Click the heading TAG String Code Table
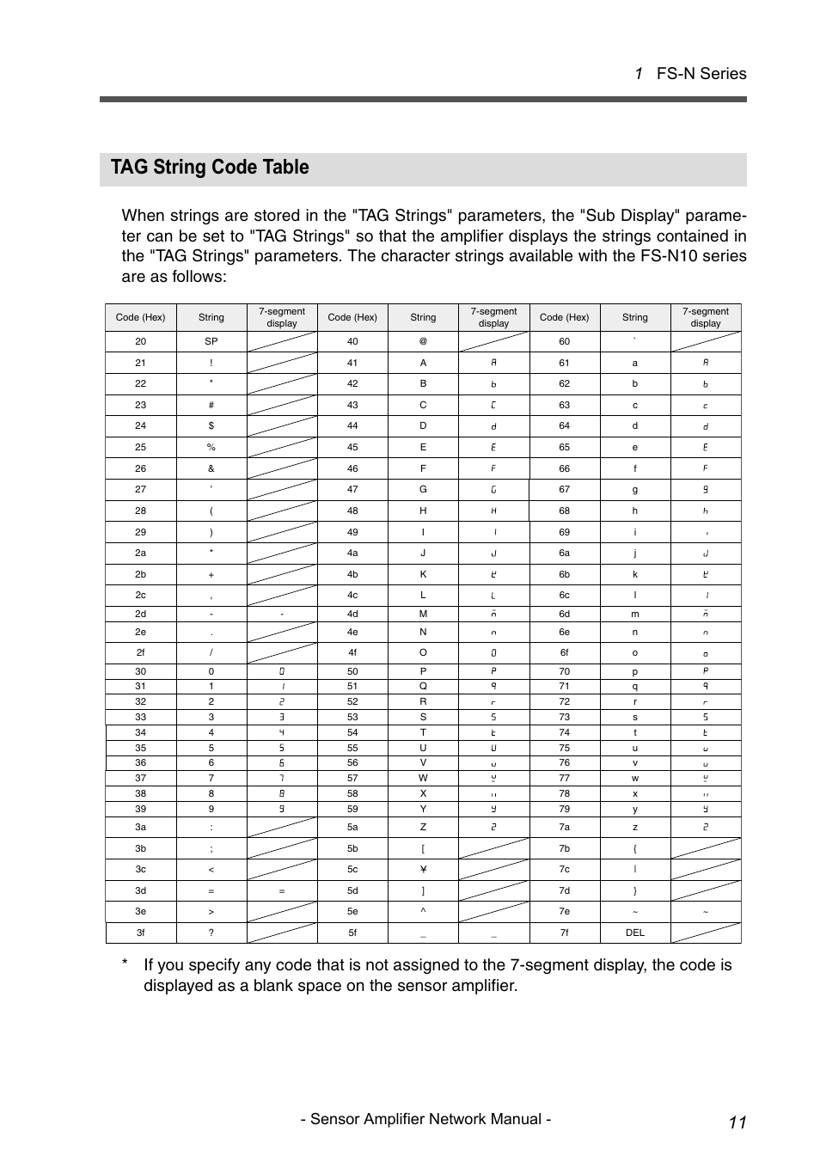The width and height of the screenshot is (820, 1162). pyautogui.click(x=210, y=168)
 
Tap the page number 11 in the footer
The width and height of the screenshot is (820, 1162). pyautogui.click(x=737, y=1122)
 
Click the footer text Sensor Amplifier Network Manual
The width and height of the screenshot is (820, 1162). pyautogui.click(x=425, y=1119)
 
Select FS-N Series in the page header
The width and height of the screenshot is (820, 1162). pyautogui.click(x=701, y=74)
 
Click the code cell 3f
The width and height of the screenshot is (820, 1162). pyautogui.click(x=140, y=933)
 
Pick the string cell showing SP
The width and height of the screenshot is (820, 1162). pyautogui.click(x=211, y=341)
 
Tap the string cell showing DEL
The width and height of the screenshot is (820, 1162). pyautogui.click(x=634, y=933)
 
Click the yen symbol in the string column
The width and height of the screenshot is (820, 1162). pyautogui.click(x=423, y=869)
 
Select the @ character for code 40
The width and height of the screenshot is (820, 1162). pyautogui.click(x=423, y=341)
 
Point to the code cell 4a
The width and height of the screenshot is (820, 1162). pyautogui.click(x=352, y=553)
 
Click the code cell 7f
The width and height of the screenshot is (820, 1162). pyautogui.click(x=564, y=933)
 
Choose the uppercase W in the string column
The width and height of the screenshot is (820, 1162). pyautogui.click(x=423, y=778)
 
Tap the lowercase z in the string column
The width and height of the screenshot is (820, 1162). pyautogui.click(x=634, y=827)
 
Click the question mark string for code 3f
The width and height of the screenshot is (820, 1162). pyautogui.click(x=211, y=933)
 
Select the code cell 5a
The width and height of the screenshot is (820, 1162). pyautogui.click(x=352, y=827)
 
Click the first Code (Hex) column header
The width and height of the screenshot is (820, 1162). pyautogui.click(x=140, y=317)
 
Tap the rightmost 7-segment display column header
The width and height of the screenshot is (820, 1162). pyautogui.click(x=705, y=317)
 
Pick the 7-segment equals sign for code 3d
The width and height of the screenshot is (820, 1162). pyautogui.click(x=282, y=891)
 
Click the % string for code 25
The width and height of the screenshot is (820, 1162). pyautogui.click(x=211, y=447)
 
